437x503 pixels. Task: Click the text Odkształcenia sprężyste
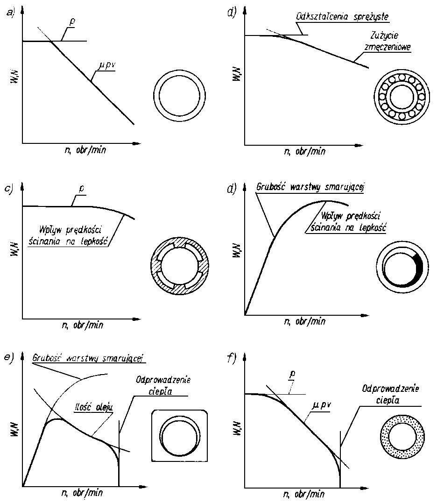342,17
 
